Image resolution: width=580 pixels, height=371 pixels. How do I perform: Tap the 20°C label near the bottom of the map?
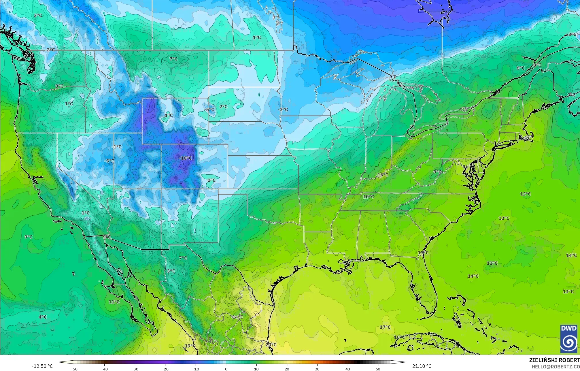pyautogui.click(x=271, y=345)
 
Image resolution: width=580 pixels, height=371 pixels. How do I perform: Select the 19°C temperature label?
pyautogui.click(x=190, y=346)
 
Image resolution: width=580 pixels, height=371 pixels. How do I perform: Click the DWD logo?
pyautogui.click(x=569, y=339)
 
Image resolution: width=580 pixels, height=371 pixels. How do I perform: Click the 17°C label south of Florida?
pyautogui.click(x=385, y=327)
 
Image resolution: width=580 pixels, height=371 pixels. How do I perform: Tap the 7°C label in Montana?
pyautogui.click(x=173, y=59)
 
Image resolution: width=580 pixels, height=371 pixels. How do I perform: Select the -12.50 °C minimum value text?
pyautogui.click(x=42, y=366)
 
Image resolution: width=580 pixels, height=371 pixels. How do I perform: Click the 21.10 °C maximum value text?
pyautogui.click(x=422, y=366)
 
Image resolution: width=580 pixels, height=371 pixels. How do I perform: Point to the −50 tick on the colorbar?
pyautogui.click(x=74, y=369)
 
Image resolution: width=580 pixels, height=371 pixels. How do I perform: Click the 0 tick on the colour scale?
pyautogui.click(x=226, y=369)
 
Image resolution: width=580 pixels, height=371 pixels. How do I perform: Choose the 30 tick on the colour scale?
pyautogui.click(x=317, y=369)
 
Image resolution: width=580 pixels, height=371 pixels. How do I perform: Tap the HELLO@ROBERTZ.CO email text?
pyautogui.click(x=556, y=367)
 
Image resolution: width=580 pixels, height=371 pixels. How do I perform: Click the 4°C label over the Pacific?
pyautogui.click(x=43, y=317)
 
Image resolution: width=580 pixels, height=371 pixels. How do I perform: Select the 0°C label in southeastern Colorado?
pyautogui.click(x=211, y=180)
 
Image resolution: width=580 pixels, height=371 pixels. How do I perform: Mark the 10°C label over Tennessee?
pyautogui.click(x=368, y=197)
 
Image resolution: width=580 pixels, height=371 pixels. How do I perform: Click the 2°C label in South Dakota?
pyautogui.click(x=223, y=107)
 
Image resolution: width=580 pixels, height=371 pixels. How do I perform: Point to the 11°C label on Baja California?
pyautogui.click(x=114, y=302)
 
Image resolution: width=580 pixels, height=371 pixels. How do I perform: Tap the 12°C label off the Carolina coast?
pyautogui.click(x=525, y=194)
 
